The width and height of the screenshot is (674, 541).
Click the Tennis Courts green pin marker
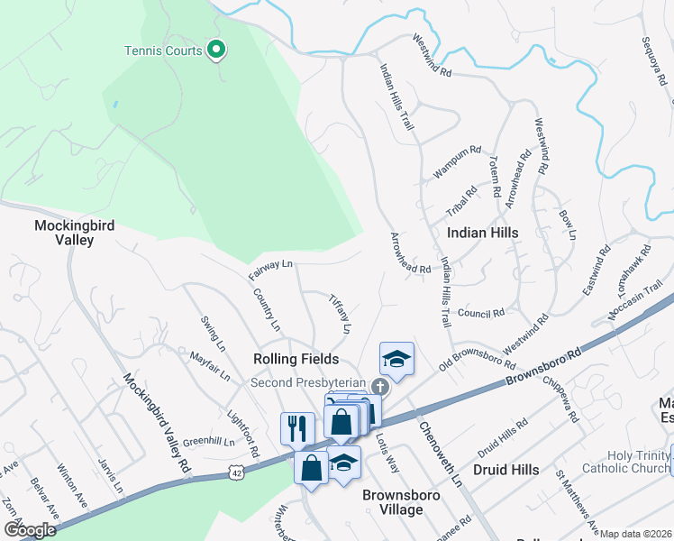click(x=215, y=50)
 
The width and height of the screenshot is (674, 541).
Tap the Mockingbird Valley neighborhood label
click(x=75, y=233)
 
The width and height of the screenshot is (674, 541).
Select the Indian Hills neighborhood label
click(x=482, y=233)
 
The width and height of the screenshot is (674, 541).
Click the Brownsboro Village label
click(x=392, y=502)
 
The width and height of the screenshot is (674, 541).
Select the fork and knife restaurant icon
click(x=297, y=427)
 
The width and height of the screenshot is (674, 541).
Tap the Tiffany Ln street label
click(x=339, y=313)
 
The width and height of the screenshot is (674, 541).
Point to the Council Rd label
click(x=480, y=314)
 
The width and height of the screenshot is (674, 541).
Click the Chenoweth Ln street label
click(x=441, y=447)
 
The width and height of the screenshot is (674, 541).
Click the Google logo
click(x=29, y=529)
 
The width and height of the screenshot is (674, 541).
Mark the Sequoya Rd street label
click(x=654, y=61)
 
